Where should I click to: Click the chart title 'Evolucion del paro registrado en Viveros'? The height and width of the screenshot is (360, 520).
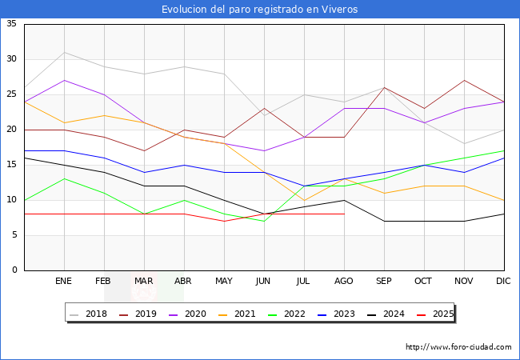[x=259, y=10]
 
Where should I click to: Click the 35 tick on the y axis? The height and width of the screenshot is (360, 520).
[x=11, y=24]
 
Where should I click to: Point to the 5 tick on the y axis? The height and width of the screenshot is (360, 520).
[x=14, y=235]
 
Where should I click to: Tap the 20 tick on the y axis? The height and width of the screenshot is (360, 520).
[x=11, y=130]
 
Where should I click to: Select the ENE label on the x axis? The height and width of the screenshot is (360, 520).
[x=64, y=282]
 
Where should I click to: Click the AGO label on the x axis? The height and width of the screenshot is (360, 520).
[x=344, y=282]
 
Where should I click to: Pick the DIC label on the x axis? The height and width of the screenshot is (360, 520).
[x=503, y=282]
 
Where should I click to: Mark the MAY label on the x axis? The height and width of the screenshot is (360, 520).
[x=224, y=282]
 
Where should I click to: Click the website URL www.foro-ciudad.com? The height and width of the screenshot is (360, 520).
[x=458, y=347]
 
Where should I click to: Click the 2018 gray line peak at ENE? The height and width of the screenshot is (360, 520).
[x=64, y=52]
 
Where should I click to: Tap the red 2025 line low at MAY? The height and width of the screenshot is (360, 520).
[x=224, y=221]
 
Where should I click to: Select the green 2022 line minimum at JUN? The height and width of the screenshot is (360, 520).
[x=264, y=221]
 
